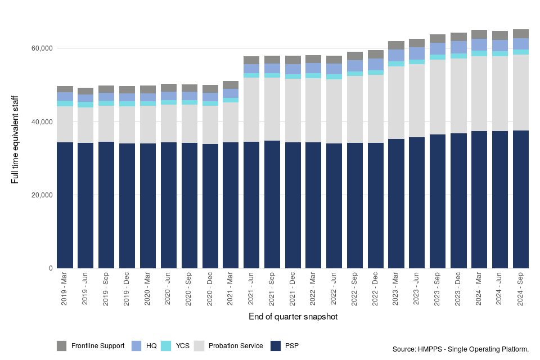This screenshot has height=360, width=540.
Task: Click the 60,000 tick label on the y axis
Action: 40,48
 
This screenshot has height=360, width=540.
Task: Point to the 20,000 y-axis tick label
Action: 40,195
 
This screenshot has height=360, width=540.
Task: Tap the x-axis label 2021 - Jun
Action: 251,290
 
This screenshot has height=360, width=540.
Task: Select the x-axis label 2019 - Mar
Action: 65,290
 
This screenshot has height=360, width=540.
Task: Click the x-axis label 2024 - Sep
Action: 521,290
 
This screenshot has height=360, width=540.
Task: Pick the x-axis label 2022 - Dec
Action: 376,290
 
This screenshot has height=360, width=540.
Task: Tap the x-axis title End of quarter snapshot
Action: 293,317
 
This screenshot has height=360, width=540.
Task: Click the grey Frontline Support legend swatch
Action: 62,345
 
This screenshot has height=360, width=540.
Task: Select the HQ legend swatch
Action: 136,345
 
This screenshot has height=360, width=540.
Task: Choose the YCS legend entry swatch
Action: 166,345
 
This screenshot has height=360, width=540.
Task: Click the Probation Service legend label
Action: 235,345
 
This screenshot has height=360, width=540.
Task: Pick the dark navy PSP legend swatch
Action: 276,345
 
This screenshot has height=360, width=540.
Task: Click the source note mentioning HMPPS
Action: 461,349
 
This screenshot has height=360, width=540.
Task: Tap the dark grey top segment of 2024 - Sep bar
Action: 521,34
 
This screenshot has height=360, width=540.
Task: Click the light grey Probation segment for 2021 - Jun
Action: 251,110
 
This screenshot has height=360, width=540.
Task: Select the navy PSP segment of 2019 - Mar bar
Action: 65,205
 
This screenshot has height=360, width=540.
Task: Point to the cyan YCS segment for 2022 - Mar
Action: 313,75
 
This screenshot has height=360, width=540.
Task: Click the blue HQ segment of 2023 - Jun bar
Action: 417,53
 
